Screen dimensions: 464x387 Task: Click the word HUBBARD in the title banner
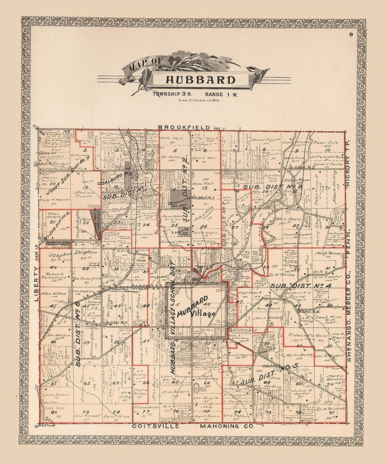click(x=200, y=79)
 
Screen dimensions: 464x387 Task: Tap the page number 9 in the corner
click(x=352, y=35)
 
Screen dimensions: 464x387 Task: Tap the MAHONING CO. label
click(x=227, y=426)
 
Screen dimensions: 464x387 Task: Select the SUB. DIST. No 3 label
click(x=273, y=187)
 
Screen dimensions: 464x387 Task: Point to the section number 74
click(x=237, y=412)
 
